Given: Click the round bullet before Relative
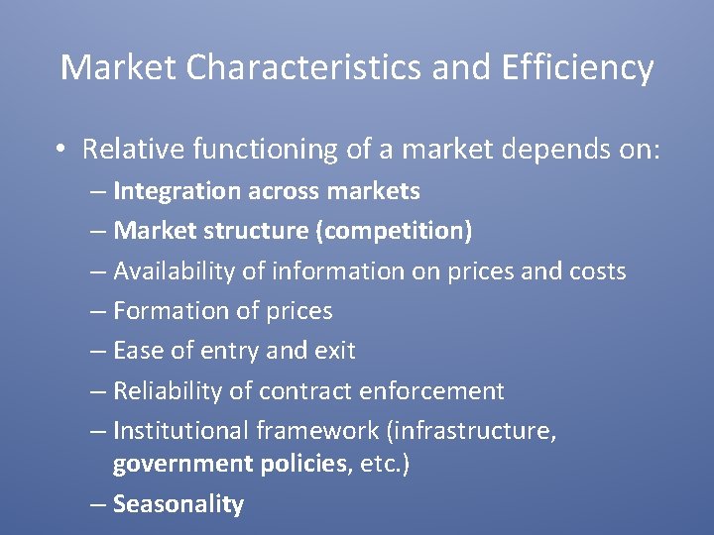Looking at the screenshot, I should coord(61,150).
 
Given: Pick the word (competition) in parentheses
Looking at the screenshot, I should coord(394,231).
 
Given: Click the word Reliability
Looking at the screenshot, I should coord(168,391).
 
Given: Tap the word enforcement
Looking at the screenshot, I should coord(431,391).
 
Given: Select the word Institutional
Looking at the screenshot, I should coord(181,431).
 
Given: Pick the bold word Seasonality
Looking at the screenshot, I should coord(178,503).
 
